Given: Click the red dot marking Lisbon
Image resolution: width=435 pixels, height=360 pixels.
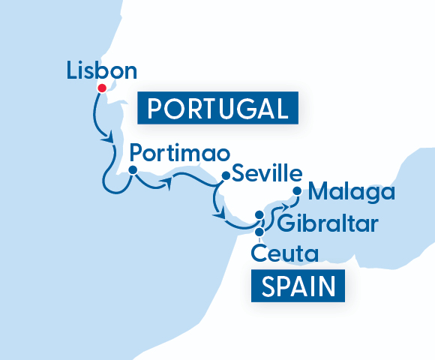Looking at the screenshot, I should (x=100, y=88).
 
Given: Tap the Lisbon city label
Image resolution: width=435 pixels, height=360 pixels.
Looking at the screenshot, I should (x=102, y=71).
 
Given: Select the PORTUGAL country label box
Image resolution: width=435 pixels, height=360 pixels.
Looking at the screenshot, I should (x=217, y=109).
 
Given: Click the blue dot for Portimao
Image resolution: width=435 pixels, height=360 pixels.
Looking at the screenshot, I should (x=132, y=170).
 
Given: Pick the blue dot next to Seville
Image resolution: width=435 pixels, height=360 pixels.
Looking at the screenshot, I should (x=224, y=176).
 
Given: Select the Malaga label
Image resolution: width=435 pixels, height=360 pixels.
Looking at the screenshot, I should (x=352, y=192).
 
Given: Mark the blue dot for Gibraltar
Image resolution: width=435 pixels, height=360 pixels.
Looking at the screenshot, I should (x=259, y=215).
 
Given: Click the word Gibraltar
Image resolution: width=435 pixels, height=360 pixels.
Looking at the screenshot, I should (x=328, y=223).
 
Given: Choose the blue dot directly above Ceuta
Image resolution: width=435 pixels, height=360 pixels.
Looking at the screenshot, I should (x=259, y=231).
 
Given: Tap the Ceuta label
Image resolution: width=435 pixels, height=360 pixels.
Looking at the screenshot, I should (x=286, y=253).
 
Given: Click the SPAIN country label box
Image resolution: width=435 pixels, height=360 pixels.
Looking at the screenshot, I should (x=298, y=286).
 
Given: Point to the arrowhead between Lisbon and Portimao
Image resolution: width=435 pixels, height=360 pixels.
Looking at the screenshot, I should (x=109, y=139).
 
